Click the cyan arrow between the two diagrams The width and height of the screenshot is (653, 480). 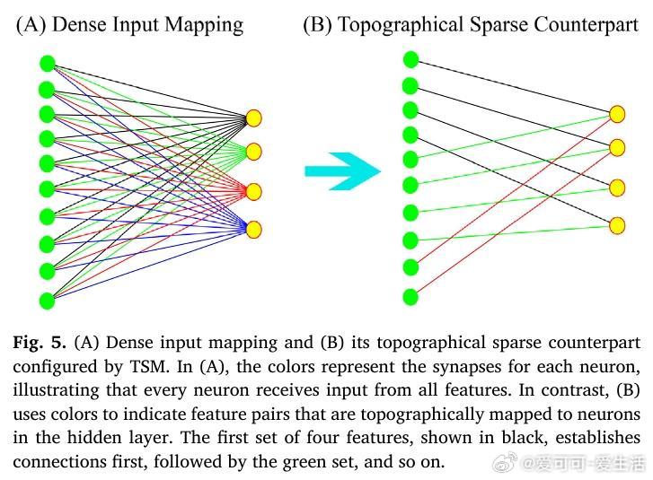tap(342, 170)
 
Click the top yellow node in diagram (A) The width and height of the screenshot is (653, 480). tap(253, 118)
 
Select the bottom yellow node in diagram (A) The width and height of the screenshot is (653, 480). tap(253, 230)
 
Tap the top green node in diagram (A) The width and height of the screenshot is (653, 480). tap(48, 64)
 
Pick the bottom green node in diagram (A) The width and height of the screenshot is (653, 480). tap(48, 300)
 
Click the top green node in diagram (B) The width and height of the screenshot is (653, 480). tap(410, 60)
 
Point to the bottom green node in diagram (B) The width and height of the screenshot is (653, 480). tap(410, 296)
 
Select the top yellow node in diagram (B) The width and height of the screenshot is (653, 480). tap(616, 114)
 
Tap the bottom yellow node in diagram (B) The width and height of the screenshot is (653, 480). tap(616, 225)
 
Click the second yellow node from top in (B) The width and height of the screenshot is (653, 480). tap(616, 146)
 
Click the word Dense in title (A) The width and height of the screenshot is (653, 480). tap(80, 24)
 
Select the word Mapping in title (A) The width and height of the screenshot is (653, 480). tap(207, 24)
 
